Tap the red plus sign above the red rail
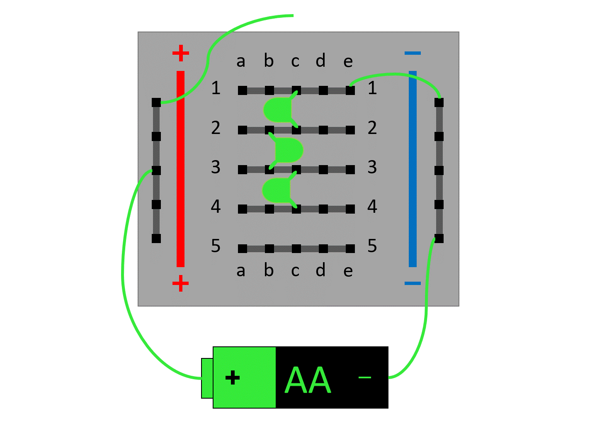[x=180, y=53]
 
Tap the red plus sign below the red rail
[x=180, y=284]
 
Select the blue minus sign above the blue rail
[x=413, y=53]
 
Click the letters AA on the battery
[x=308, y=380]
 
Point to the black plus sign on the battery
[x=233, y=378]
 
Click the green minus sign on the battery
[x=364, y=377]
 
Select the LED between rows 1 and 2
[x=278, y=110]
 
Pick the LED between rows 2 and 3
[x=289, y=150]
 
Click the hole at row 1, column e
[x=350, y=90]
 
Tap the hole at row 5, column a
[x=243, y=249]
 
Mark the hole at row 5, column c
[x=296, y=249]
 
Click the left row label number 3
[x=216, y=167]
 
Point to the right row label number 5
[x=372, y=246]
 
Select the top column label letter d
[x=320, y=61]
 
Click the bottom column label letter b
[x=269, y=270]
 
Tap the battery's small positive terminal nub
[x=207, y=378]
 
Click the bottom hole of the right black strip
[x=439, y=239]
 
